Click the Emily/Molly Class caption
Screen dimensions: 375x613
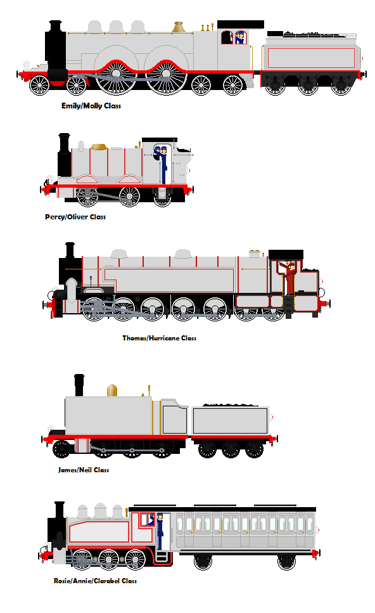(x=91, y=106)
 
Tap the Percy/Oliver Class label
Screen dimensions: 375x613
(x=75, y=217)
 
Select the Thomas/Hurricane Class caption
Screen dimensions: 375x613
(x=160, y=338)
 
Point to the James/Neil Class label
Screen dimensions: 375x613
(x=84, y=470)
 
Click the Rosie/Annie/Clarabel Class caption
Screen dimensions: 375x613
(x=95, y=581)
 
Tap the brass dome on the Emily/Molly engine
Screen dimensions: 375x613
(x=179, y=27)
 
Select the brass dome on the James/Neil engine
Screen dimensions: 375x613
(x=112, y=390)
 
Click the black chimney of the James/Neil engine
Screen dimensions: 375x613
(x=79, y=385)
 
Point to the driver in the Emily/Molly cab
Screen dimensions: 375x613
(x=240, y=37)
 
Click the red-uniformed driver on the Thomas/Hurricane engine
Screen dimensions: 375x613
(x=288, y=278)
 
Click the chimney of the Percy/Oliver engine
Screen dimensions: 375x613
(x=64, y=155)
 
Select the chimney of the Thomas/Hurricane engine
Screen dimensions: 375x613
(x=70, y=250)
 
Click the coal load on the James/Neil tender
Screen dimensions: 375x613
(x=231, y=406)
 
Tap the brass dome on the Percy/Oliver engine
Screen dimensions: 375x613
(x=99, y=146)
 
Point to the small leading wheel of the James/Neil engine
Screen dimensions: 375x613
(x=61, y=449)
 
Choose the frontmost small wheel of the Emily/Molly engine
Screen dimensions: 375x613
(x=39, y=85)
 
